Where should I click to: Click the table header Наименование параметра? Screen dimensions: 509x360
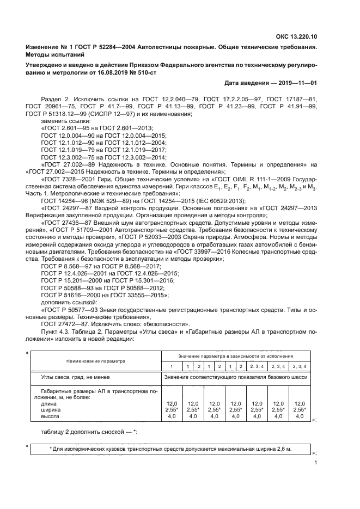(96, 361)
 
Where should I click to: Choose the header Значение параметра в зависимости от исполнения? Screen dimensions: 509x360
(235, 355)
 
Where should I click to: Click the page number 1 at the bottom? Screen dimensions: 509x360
(316, 463)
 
